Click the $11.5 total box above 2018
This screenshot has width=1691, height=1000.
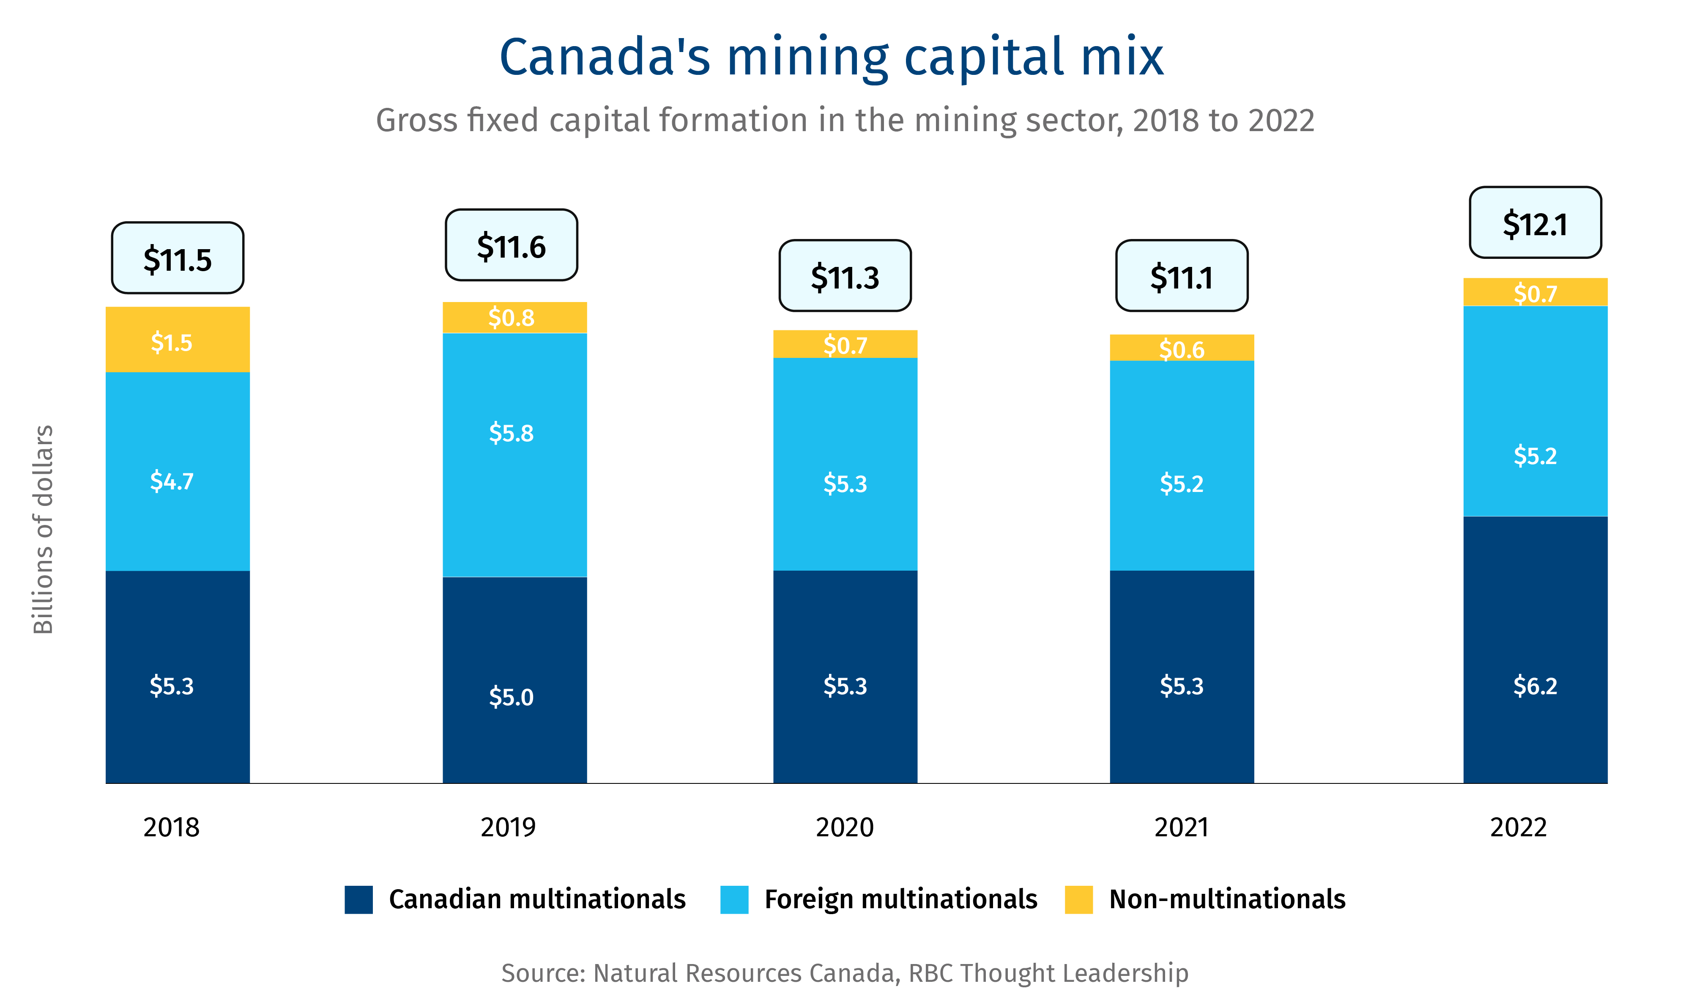(x=177, y=258)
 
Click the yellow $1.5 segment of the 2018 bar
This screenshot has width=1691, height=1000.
(x=177, y=340)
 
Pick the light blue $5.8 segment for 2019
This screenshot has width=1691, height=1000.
(x=514, y=455)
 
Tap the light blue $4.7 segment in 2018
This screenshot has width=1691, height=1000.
(x=177, y=471)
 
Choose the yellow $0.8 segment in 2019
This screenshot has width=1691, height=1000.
(x=514, y=317)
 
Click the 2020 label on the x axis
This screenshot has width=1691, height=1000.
(x=845, y=827)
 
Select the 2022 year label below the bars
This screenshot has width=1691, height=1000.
(x=1518, y=827)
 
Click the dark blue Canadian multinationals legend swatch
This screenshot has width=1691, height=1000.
(x=358, y=900)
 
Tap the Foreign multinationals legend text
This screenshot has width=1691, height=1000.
(x=900, y=900)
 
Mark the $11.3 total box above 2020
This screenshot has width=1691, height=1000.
(x=845, y=276)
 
